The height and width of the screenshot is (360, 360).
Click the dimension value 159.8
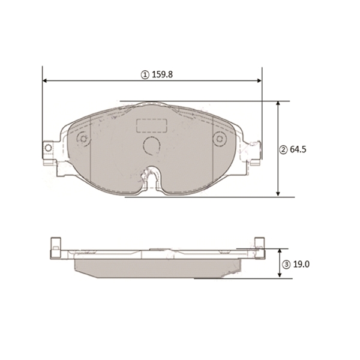[x=163, y=74]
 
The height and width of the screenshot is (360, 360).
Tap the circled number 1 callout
[x=145, y=75]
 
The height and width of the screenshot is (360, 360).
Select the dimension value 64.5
[x=298, y=149]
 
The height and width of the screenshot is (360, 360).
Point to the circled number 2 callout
[x=283, y=150]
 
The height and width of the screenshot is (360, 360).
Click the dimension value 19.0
[x=301, y=265]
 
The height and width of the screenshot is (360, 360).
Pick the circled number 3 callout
[x=287, y=265]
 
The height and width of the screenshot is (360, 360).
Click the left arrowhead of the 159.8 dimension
[x=45, y=80]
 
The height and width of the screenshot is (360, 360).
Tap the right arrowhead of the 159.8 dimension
[x=259, y=80]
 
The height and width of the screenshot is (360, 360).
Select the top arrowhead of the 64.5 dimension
[x=278, y=103]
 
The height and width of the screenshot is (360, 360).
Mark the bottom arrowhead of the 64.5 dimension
[x=278, y=194]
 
